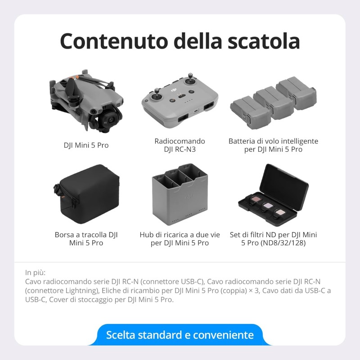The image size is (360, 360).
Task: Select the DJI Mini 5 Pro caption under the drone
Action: tap(86, 145)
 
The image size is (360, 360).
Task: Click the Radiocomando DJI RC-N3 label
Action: tap(180, 145)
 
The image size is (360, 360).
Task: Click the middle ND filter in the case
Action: tap(268, 205)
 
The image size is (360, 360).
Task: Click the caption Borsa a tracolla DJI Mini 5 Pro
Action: tap(86, 239)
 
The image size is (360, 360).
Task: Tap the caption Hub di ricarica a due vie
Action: tap(180, 235)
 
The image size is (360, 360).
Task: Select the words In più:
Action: tap(36, 272)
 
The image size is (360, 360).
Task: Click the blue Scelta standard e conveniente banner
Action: tap(180, 335)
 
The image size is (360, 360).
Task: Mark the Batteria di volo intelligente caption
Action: tap(273, 141)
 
